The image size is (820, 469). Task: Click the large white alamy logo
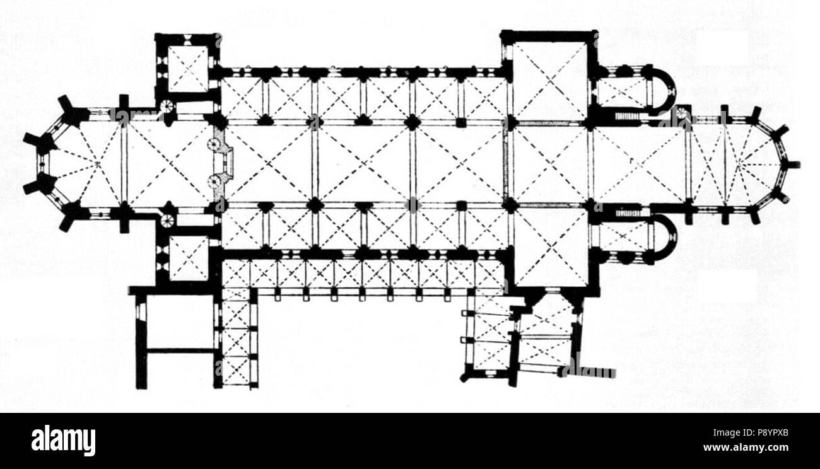point(63,440)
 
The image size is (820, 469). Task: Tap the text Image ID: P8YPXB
point(751,433)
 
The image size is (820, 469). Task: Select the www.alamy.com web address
point(746,448)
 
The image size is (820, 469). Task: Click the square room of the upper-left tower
point(188,69)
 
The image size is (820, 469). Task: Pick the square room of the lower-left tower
point(189,258)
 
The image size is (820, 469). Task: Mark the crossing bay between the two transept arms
point(550,165)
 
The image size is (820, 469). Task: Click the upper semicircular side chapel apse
point(664,90)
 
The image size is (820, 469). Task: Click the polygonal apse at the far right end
point(754,165)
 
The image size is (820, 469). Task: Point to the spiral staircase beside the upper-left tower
point(167,107)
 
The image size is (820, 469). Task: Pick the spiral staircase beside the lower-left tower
point(168,221)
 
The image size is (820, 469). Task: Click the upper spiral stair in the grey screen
point(213,144)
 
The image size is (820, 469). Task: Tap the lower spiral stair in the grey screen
point(213,181)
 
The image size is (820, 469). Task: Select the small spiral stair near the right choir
point(682,113)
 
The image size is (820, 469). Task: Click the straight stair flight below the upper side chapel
point(627,117)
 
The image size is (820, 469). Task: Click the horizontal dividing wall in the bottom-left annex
point(180,350)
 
